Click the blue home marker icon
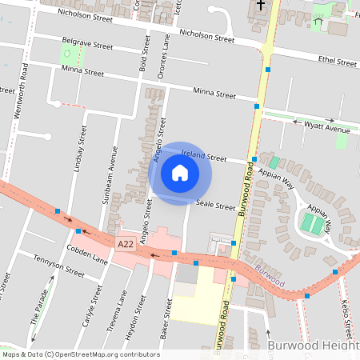[180, 172]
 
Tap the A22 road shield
[125, 244]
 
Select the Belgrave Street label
[89, 46]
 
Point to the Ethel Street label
[337, 62]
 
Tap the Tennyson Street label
[58, 266]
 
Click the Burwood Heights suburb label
[313, 346]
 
